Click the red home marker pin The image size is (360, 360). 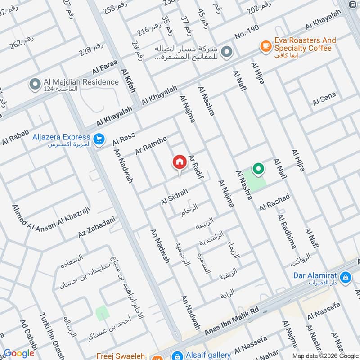[179, 162]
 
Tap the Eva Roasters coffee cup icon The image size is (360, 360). [265, 45]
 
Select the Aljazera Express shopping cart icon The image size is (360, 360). [99, 140]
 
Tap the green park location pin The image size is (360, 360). [258, 170]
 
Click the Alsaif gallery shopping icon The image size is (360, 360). [179, 355]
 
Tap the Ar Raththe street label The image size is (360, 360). [151, 145]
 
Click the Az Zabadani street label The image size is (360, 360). [97, 228]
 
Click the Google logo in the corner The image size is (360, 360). [19, 353]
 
